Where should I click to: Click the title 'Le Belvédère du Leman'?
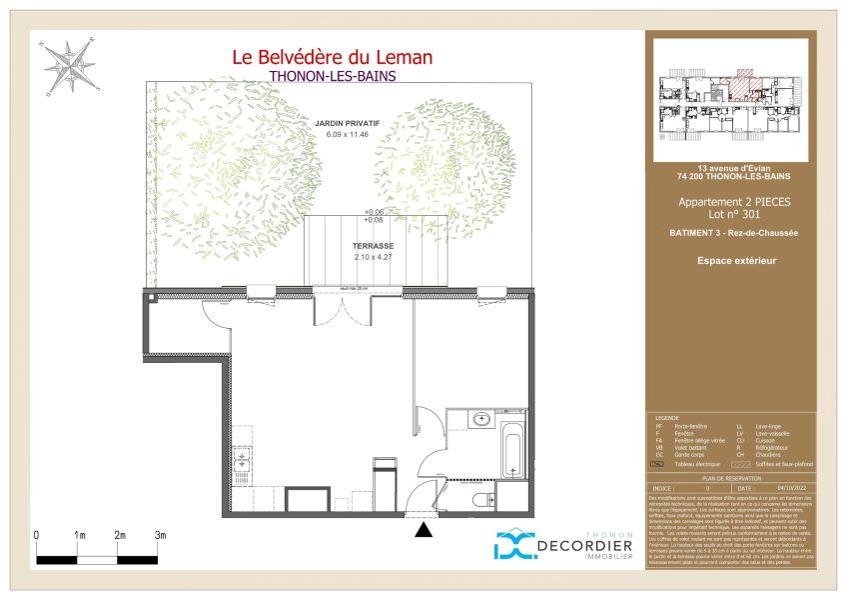click(x=333, y=58)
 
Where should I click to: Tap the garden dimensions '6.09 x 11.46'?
click(x=343, y=134)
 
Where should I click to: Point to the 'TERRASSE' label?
click(x=373, y=245)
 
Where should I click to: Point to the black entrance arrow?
click(x=424, y=531)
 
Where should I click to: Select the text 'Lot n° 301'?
click(x=734, y=215)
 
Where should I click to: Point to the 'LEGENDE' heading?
click(x=666, y=418)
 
